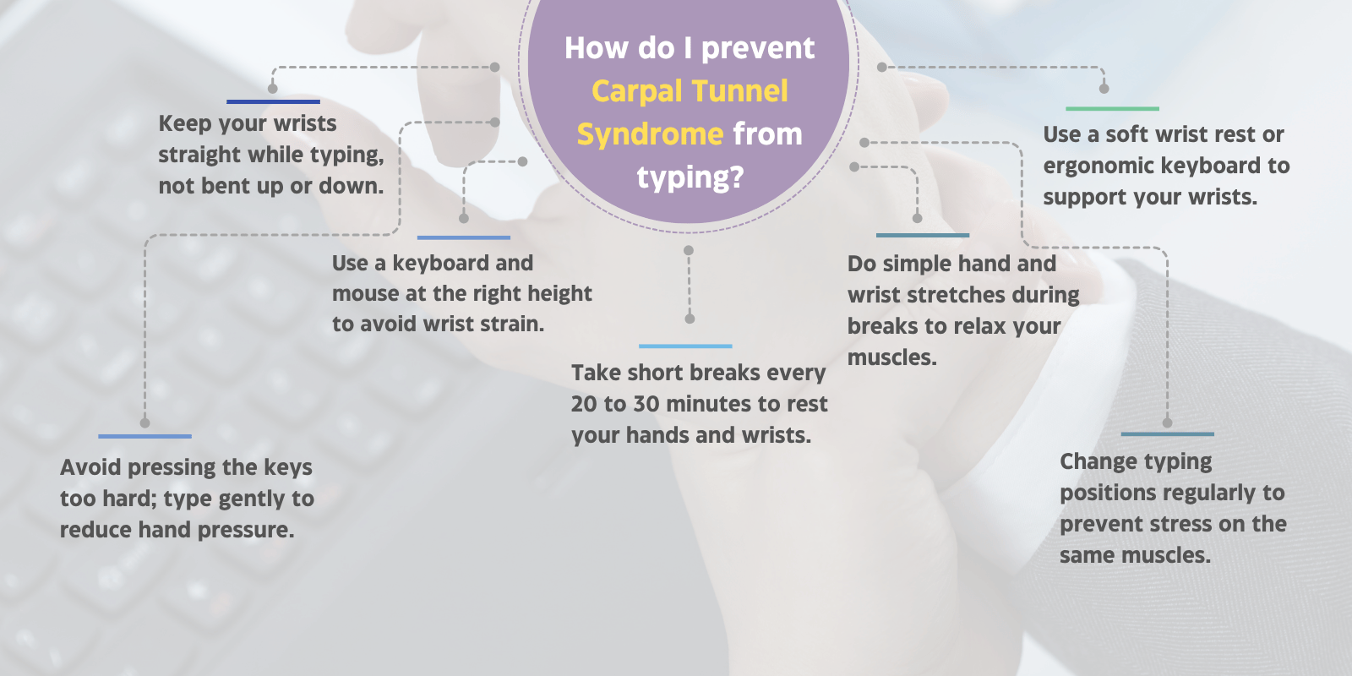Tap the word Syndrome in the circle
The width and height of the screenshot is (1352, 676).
point(649,134)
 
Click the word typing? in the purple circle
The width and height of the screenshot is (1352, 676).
point(690,177)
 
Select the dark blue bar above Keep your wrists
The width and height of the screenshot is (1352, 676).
point(273,101)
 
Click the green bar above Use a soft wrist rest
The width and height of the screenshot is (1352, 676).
point(1112,108)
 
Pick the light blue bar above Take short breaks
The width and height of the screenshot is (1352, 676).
point(685,346)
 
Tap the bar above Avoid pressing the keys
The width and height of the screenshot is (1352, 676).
point(144,436)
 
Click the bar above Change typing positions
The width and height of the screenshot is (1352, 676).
point(1167,434)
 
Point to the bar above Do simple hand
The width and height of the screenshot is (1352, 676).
point(922,235)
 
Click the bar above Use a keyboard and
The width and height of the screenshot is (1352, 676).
point(463,237)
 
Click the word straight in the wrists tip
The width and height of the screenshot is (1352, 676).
point(199,155)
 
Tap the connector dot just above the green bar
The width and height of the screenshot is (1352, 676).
point(1104,88)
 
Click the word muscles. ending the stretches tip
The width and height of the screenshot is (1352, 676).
point(891,358)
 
